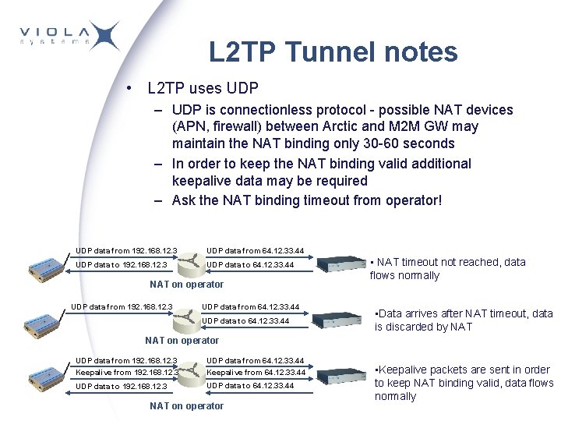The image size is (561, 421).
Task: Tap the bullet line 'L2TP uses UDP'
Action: coord(202,88)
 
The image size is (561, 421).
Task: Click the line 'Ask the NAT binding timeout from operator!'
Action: coord(306,200)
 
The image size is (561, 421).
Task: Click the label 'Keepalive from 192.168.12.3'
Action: coord(126,373)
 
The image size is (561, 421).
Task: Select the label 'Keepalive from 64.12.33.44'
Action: coord(255,373)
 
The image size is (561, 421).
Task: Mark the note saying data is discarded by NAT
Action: coord(463,320)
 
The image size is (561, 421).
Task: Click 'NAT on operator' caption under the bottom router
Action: coord(186,405)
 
